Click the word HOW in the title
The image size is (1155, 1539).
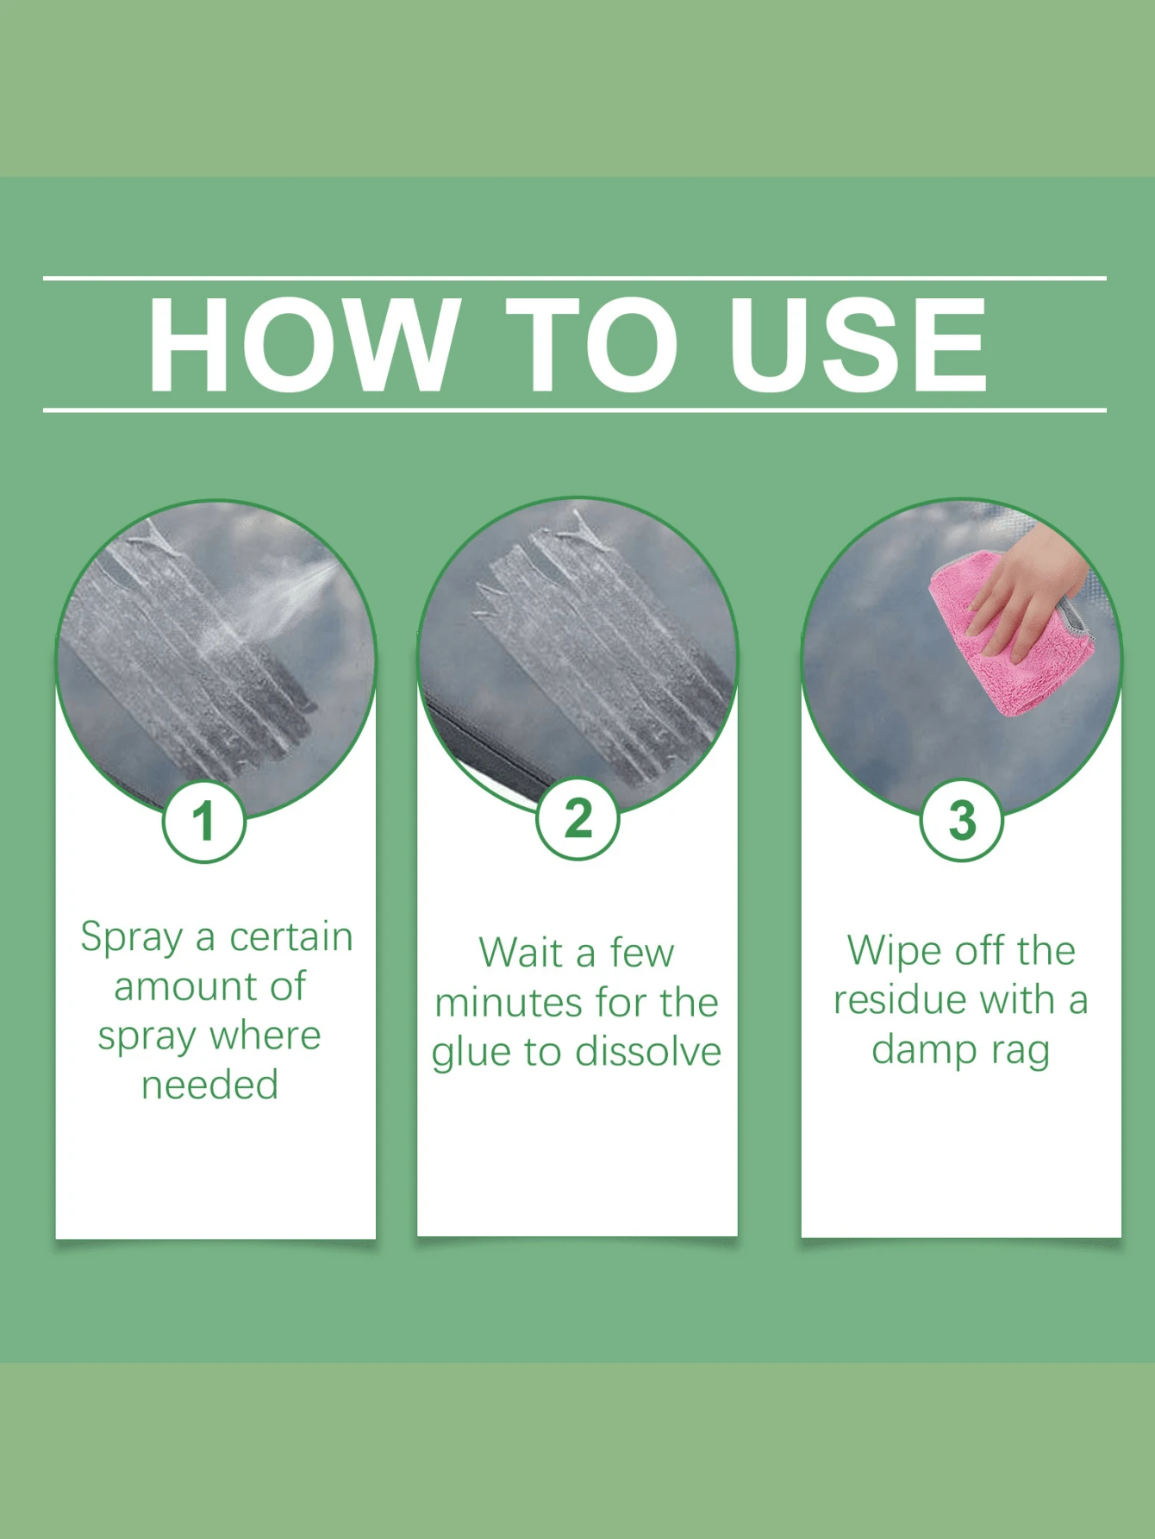303,345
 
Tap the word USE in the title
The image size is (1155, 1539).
858,345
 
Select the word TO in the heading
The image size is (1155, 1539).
592,345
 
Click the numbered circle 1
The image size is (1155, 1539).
204,821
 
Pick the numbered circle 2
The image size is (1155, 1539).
578,818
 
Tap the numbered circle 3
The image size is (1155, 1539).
962,820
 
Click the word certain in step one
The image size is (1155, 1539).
291,937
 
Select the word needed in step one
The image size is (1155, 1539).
210,1085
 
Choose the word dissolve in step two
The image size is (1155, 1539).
648,1051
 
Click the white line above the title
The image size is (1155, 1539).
575,278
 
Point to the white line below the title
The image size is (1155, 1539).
575,410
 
